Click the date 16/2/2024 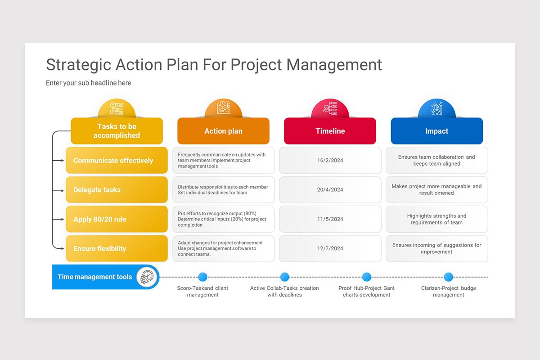click(330, 160)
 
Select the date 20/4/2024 click(330, 189)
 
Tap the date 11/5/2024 click(330, 219)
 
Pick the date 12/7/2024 click(330, 248)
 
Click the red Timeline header click(330, 131)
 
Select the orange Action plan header click(223, 131)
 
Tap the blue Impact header click(436, 131)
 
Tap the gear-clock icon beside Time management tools click(146, 277)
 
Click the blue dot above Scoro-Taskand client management click(202, 277)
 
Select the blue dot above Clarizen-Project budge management click(448, 277)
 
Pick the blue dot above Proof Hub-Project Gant click(366, 277)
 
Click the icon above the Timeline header click(330, 108)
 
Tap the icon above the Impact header click(436, 108)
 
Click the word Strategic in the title click(78, 65)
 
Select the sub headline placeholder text click(89, 83)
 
